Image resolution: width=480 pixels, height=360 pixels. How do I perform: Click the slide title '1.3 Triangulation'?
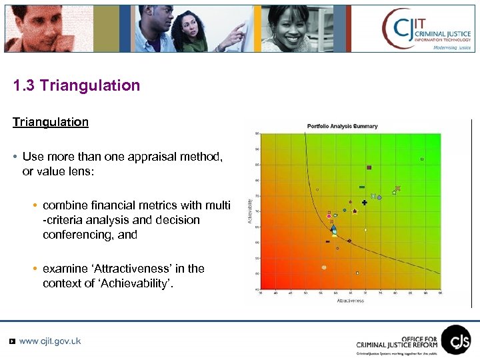(77, 86)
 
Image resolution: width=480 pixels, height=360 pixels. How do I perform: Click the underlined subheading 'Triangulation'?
(50, 123)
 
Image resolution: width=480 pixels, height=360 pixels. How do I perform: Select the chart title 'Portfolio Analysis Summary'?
(342, 126)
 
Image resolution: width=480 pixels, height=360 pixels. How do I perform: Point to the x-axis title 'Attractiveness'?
(350, 301)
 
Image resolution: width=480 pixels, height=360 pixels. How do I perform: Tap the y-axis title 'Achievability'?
(250, 209)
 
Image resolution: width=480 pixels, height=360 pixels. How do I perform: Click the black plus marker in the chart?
(364, 203)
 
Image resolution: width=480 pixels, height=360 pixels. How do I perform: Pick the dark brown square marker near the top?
(369, 167)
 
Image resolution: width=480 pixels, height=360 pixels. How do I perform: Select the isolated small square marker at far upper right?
(422, 159)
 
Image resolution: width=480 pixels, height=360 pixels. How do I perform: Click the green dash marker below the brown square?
(362, 187)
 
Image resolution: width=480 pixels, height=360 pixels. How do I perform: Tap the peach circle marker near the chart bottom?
(324, 267)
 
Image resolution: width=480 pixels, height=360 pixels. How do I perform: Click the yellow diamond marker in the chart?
(365, 230)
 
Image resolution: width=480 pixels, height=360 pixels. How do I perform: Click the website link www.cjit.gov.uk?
(50, 341)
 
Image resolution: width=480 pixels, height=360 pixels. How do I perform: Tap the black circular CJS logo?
(455, 339)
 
